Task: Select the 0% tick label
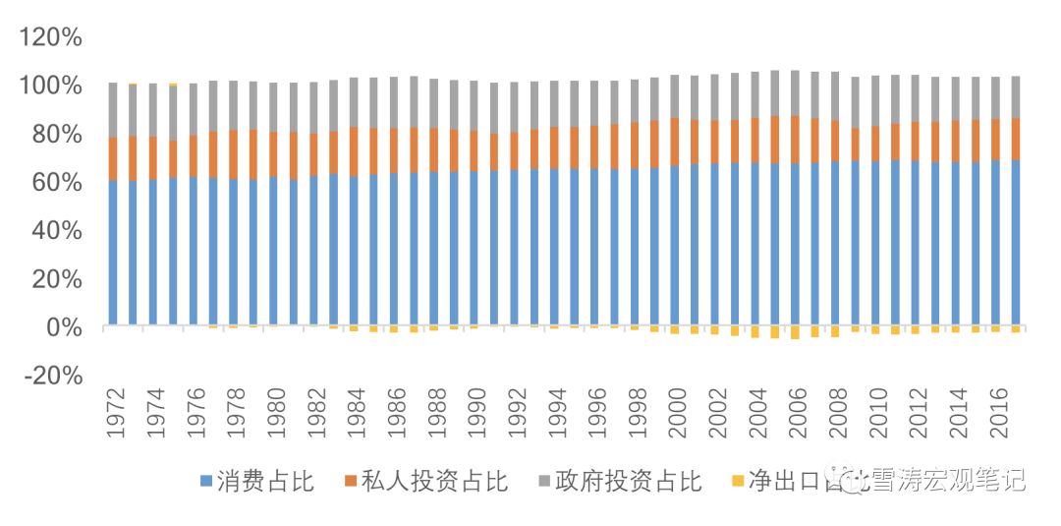coord(65,327)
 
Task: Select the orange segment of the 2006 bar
coord(795,140)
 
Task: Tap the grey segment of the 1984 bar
coord(354,102)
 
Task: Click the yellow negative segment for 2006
coord(795,332)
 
